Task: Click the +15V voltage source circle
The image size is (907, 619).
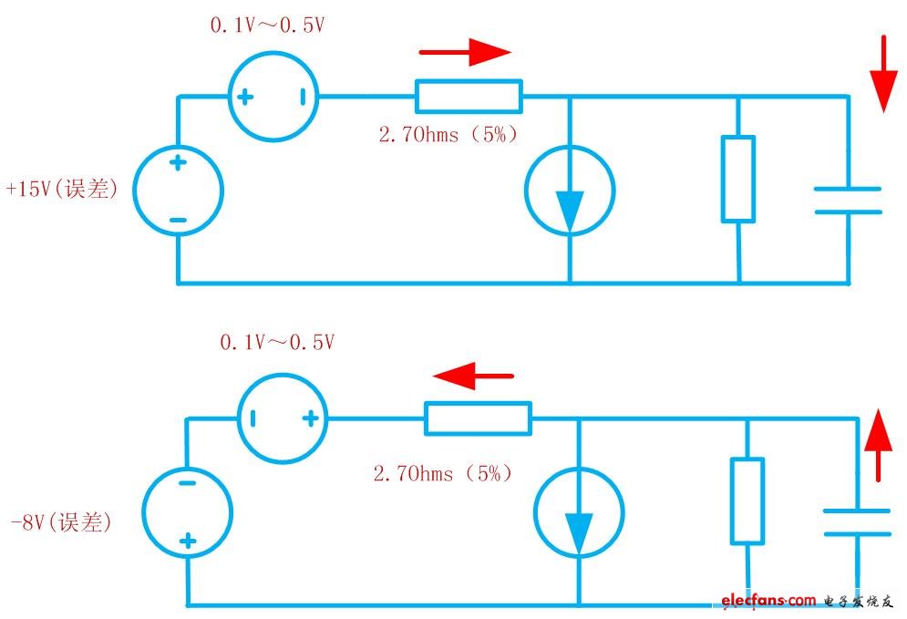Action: pyautogui.click(x=178, y=191)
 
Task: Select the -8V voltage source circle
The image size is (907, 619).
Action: pyautogui.click(x=188, y=511)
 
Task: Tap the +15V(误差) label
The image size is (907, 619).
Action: pyautogui.click(x=62, y=191)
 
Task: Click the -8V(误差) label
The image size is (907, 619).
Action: pyautogui.click(x=61, y=522)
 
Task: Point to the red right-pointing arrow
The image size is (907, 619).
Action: pyautogui.click(x=476, y=52)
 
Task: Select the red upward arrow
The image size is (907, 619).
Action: pyautogui.click(x=878, y=444)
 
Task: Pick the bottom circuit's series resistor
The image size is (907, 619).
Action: pyautogui.click(x=478, y=418)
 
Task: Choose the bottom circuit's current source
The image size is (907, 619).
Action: pyautogui.click(x=579, y=512)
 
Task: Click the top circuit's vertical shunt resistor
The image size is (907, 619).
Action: pyautogui.click(x=737, y=179)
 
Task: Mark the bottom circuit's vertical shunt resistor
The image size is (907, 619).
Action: pyautogui.click(x=747, y=500)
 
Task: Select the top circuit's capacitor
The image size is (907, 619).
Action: pyautogui.click(x=848, y=200)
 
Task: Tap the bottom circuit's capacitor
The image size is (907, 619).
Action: pyautogui.click(x=857, y=522)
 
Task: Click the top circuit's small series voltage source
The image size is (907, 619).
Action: pyautogui.click(x=273, y=96)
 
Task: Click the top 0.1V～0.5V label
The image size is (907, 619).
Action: pyautogui.click(x=267, y=26)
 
